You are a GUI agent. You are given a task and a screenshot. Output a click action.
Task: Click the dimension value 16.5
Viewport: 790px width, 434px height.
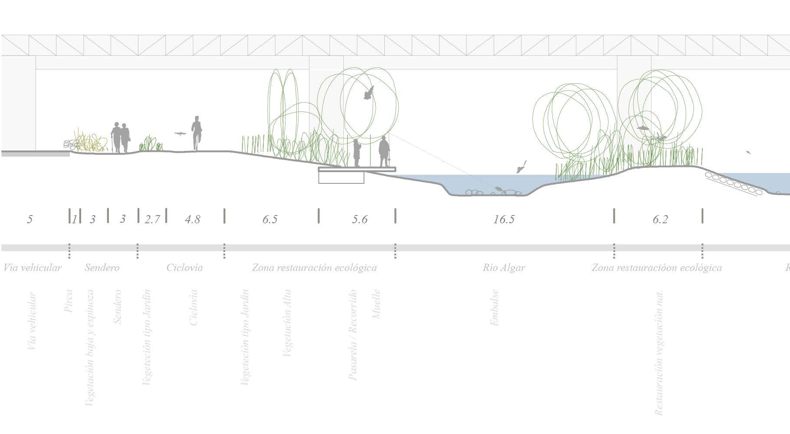504,219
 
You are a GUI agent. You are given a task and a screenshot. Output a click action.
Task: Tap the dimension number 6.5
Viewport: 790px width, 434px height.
269,219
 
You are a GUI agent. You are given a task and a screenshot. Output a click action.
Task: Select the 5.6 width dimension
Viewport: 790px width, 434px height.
360,219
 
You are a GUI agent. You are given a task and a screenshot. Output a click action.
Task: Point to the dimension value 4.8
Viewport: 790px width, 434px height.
192,219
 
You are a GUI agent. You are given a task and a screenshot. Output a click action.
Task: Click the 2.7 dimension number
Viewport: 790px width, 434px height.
152,219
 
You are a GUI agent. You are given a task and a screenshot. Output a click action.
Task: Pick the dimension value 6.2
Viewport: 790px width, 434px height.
660,219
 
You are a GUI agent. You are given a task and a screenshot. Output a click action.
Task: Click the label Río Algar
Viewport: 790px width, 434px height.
504,268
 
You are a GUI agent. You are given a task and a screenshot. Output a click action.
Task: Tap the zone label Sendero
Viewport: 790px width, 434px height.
102,268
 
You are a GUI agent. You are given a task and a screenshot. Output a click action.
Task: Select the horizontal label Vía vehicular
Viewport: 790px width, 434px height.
33,268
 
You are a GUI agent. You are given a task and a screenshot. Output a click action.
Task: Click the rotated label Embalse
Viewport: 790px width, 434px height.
495,307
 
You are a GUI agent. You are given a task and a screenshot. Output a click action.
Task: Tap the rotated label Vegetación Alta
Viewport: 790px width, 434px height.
287,323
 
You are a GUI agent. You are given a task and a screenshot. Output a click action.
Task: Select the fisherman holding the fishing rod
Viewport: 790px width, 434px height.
384,152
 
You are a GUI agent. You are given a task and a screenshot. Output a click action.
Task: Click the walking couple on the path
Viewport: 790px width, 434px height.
121,137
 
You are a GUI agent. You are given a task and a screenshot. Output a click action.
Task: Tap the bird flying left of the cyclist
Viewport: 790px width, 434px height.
180,134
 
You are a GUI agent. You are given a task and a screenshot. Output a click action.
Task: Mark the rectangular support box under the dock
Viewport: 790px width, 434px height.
341,177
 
